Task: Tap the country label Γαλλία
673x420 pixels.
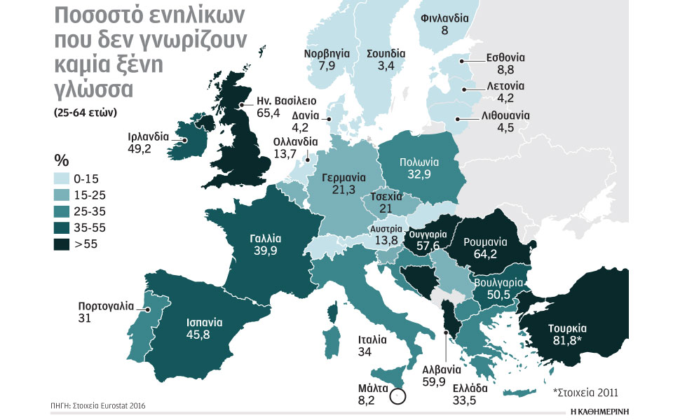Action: pos(266,237)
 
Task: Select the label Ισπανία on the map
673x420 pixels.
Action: pos(204,323)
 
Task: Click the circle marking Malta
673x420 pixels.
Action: pos(398,397)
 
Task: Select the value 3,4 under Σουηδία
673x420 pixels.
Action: pos(385,66)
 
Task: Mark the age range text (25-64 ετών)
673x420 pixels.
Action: pos(86,112)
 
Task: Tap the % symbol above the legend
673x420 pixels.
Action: pos(61,159)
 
